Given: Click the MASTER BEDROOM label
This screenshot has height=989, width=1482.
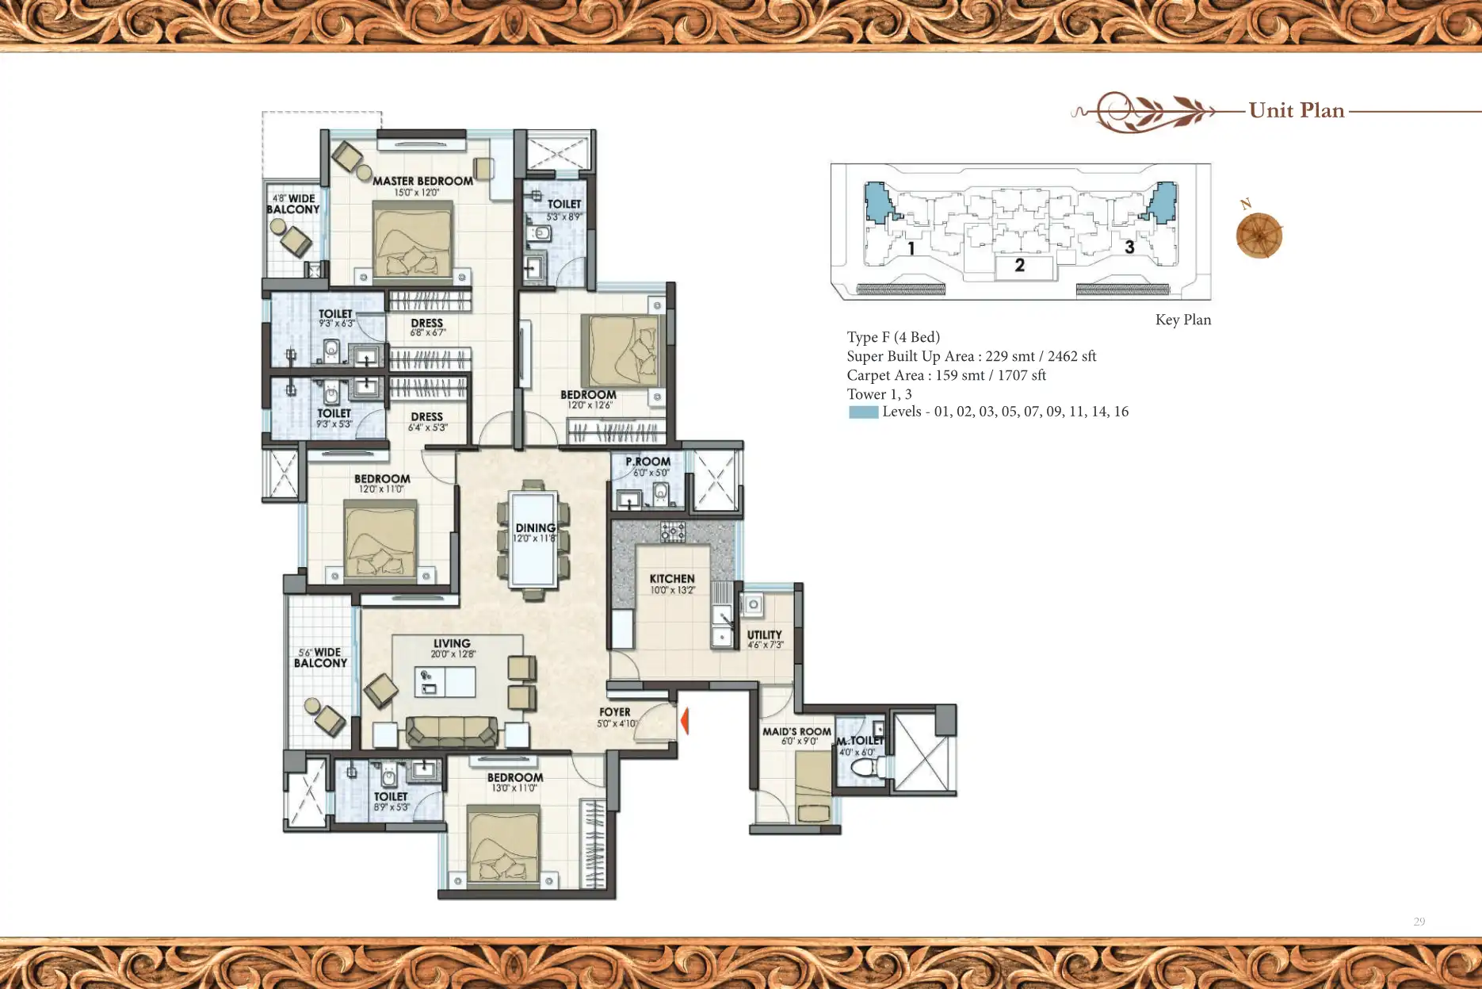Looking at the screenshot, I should tap(422, 181).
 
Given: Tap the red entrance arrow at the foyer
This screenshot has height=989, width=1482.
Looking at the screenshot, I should tap(685, 721).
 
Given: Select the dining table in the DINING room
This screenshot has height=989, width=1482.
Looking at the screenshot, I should tap(533, 539).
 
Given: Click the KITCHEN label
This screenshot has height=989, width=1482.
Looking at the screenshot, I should tap(672, 579).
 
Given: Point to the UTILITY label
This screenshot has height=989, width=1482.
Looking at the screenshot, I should tap(764, 634).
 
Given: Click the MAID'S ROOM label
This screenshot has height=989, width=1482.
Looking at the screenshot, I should tap(796, 731).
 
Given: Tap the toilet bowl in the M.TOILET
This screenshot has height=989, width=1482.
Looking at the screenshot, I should tap(866, 768).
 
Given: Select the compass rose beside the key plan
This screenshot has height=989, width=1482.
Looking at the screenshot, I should tap(1259, 236).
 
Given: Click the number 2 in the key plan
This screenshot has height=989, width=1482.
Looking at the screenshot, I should tap(1019, 266).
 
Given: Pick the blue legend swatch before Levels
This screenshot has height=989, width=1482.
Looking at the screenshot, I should tap(863, 412).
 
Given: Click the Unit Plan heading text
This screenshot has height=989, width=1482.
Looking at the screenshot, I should tap(1297, 110).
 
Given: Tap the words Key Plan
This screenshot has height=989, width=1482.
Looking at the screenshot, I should tap(1182, 320).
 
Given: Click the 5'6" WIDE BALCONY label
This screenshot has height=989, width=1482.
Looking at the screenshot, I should tap(320, 657).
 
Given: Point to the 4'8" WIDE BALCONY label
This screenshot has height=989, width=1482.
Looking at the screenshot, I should tap(292, 204).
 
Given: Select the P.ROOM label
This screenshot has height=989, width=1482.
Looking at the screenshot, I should tap(647, 462).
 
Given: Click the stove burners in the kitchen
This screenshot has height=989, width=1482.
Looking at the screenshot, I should tap(672, 531).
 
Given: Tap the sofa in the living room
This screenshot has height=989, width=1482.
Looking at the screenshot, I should tap(452, 731).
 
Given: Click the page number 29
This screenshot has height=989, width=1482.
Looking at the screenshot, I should tap(1419, 922).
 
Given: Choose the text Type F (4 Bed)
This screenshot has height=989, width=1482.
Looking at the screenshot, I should tap(893, 337).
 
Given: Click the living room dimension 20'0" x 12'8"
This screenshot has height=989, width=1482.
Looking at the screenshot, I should tap(453, 654).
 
